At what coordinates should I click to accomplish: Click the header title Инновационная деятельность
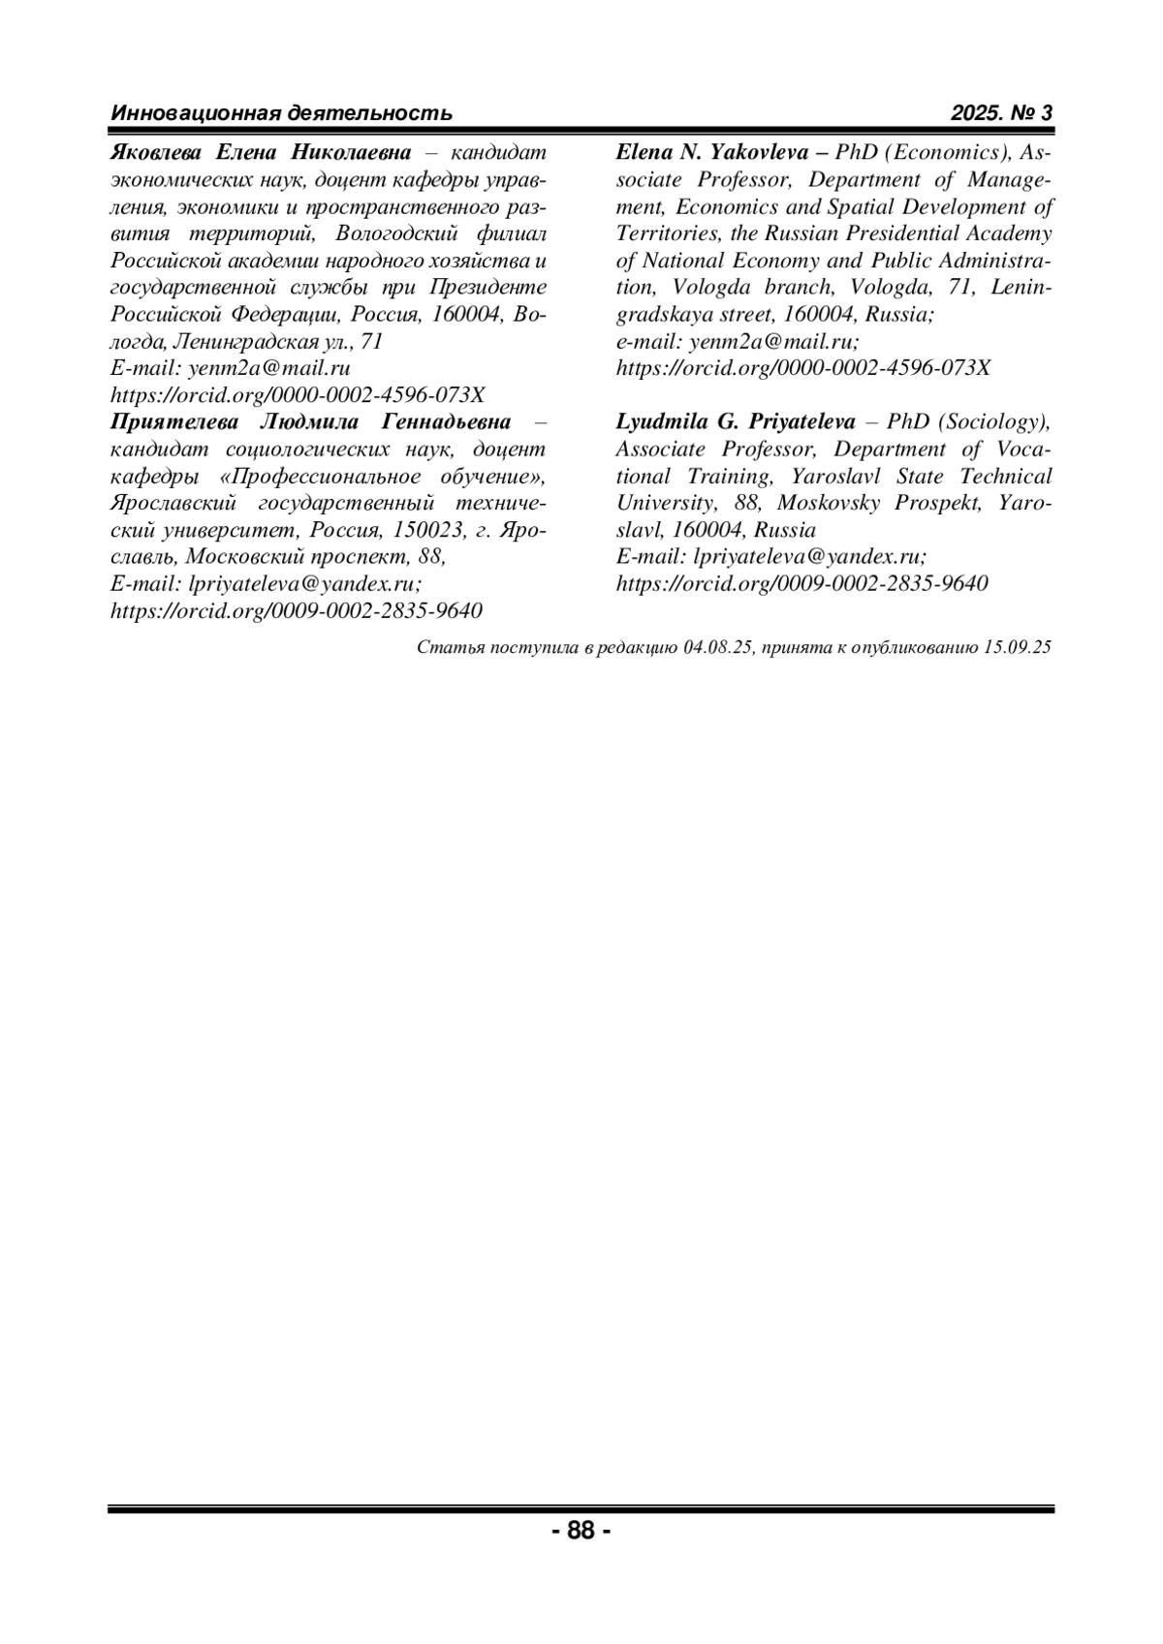[281, 113]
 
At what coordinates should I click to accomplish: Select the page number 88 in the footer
[581, 1531]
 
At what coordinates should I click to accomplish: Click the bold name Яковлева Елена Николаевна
[262, 152]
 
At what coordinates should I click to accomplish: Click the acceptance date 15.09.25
[1017, 648]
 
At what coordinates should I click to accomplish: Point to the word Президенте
[487, 288]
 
